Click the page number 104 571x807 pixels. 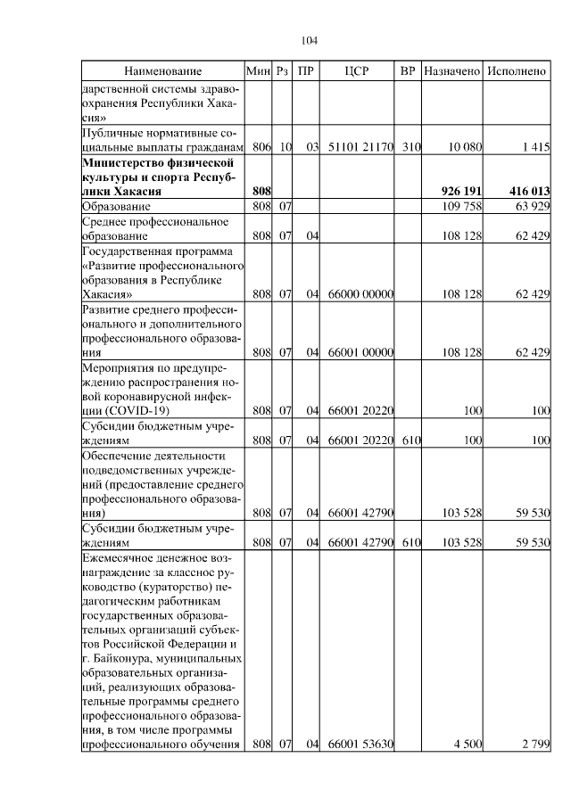310,40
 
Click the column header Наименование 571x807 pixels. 162,70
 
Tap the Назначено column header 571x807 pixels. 451,70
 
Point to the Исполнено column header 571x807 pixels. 516,70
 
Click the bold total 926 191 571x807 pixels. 462,191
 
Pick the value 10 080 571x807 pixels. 465,146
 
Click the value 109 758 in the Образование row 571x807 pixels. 462,206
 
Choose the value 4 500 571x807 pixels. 468,744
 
